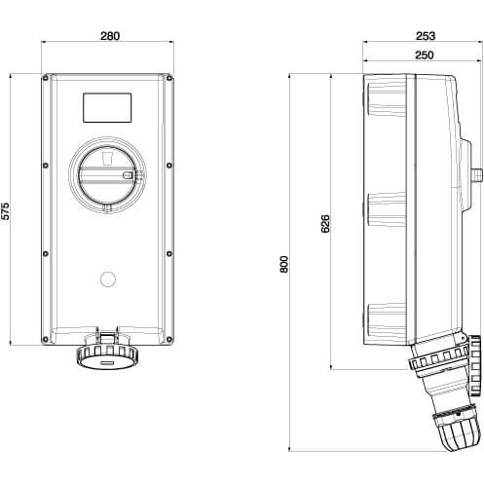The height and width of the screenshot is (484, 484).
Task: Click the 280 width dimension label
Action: pyautogui.click(x=110, y=36)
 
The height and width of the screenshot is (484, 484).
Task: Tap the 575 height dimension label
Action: pyautogui.click(x=6, y=211)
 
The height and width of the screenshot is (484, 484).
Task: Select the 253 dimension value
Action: pyautogui.click(x=426, y=36)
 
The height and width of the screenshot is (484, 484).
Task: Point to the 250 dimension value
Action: pyautogui.click(x=425, y=56)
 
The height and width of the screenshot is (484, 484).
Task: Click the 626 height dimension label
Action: pyautogui.click(x=325, y=224)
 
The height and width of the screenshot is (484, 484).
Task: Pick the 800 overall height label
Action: pyautogui.click(x=284, y=265)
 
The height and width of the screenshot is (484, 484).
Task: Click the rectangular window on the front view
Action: pyautogui.click(x=107, y=108)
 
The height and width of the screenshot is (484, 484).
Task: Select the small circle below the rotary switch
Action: pyautogui.click(x=108, y=279)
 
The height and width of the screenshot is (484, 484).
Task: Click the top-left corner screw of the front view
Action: pyautogui.click(x=46, y=78)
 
